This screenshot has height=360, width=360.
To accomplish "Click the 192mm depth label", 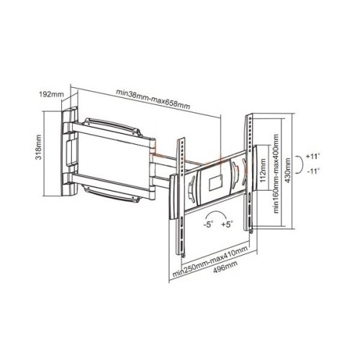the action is tap(51, 94).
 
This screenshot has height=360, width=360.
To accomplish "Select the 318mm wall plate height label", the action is tap(38, 147).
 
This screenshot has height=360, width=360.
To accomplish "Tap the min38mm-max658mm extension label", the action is tap(153, 99).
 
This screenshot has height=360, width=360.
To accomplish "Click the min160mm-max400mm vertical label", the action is tap(276, 174).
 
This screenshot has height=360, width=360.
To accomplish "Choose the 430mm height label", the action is tap(288, 170).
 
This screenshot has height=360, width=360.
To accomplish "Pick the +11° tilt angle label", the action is tap(313, 156).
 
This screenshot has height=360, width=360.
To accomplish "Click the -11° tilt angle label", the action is tap(313, 171).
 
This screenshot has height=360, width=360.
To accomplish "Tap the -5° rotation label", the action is tap(208, 225).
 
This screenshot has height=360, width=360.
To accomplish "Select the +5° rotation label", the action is tap(228, 225).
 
